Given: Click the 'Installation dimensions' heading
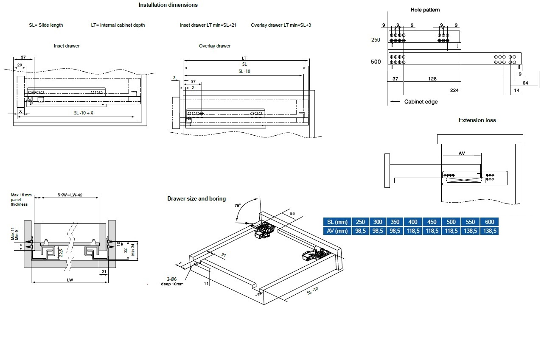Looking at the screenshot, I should pyautogui.click(x=168, y=5).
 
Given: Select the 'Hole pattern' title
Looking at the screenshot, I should pyautogui.click(x=425, y=10).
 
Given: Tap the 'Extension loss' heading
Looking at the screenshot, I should pyautogui.click(x=477, y=120).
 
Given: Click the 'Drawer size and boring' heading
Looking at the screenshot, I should pyautogui.click(x=196, y=199).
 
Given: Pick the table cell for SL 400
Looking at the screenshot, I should pyautogui.click(x=412, y=222).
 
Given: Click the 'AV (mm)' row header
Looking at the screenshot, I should pyautogui.click(x=337, y=231).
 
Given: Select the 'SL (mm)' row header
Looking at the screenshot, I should pyautogui.click(x=337, y=222).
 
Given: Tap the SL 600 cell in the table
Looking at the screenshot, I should pyautogui.click(x=489, y=222).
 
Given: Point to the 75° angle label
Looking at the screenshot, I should pyautogui.click(x=238, y=205).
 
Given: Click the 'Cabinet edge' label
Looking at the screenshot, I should pyautogui.click(x=421, y=102).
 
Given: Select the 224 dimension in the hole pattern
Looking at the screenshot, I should pyautogui.click(x=454, y=90).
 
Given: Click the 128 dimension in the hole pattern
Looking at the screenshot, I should pyautogui.click(x=432, y=79).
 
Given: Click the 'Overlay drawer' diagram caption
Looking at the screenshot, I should pyautogui.click(x=215, y=46).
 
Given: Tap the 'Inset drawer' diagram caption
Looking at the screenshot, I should pyautogui.click(x=67, y=46).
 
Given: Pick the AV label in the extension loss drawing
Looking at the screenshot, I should pyautogui.click(x=462, y=153).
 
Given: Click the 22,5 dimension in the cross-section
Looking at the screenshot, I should pyautogui.click(x=61, y=253).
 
